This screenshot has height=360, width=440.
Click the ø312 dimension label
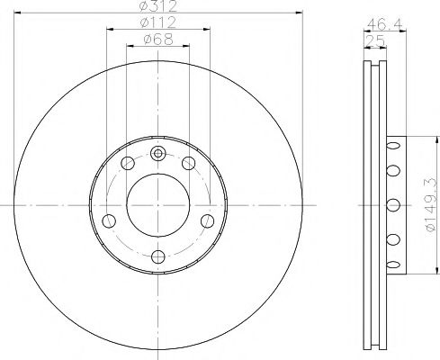pyautogui.click(x=158, y=5)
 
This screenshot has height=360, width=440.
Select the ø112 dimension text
pyautogui.click(x=158, y=22)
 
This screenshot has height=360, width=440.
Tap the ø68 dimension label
pyautogui.click(x=158, y=39)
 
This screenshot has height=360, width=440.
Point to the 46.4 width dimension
pyautogui.click(x=384, y=24)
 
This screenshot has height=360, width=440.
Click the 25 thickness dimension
pyautogui.click(x=376, y=40)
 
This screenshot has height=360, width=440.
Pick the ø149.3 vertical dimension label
pyautogui.click(x=431, y=204)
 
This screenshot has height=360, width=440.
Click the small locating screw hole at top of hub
pyautogui.click(x=157, y=154)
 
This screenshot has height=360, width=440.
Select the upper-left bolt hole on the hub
pyautogui.click(x=128, y=163)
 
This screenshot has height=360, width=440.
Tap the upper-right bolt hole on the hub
pyautogui.click(x=189, y=163)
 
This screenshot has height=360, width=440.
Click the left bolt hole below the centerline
pyautogui.click(x=109, y=221)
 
